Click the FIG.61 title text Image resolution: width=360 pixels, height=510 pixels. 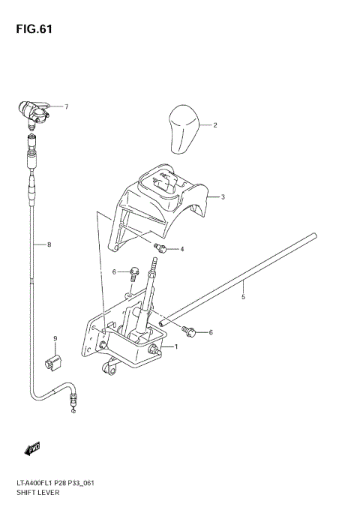tap(31, 29)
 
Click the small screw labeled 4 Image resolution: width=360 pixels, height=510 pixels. tap(160, 247)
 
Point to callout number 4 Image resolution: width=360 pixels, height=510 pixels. tap(181, 248)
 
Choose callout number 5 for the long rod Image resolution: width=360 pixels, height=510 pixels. tap(243, 297)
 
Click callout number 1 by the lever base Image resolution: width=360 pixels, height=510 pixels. tap(175, 346)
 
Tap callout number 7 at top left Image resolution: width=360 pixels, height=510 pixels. tap(65, 106)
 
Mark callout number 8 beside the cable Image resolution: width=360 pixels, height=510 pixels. tap(49, 244)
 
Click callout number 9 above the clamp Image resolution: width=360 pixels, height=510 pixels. tap(55, 340)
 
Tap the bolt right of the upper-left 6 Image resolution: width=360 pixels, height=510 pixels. tap(133, 272)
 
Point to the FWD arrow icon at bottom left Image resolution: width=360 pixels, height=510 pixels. tap(32, 449)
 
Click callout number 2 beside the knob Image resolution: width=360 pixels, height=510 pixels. tap(214, 125)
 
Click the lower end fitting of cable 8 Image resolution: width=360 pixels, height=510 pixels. tap(72, 406)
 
